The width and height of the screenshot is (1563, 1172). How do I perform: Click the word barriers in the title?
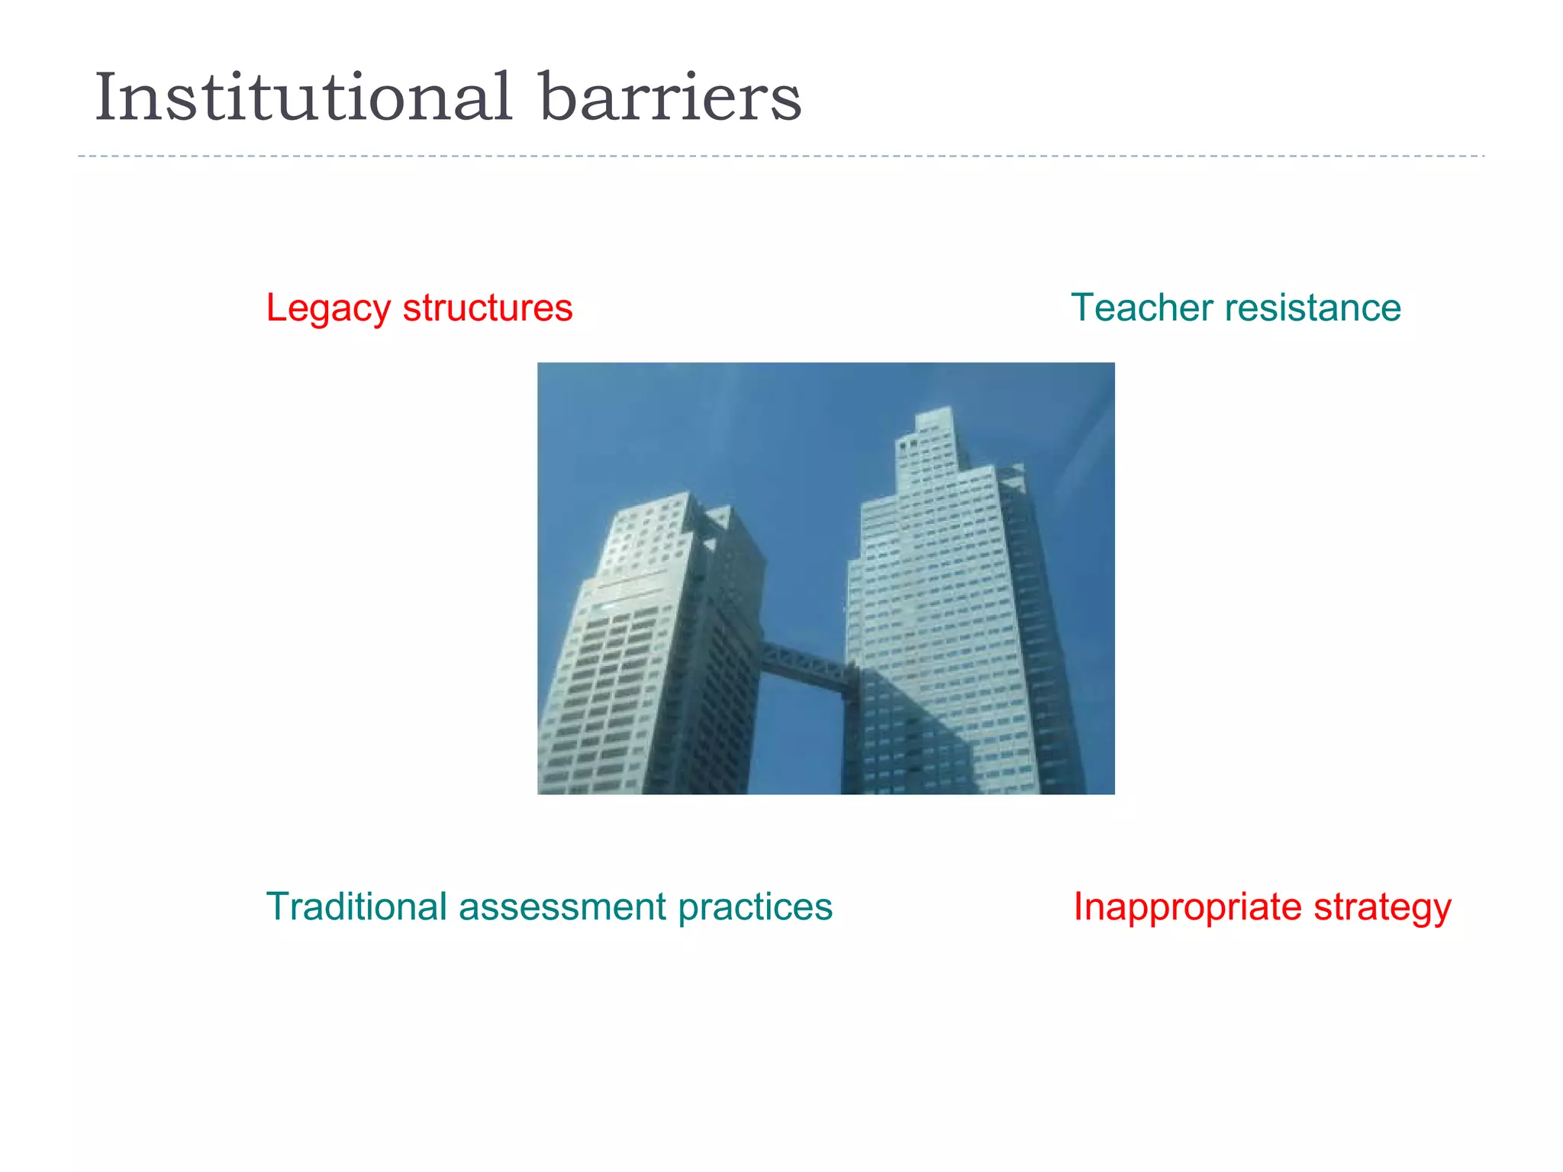pos(671,98)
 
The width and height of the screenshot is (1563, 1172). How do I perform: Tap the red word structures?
pos(488,308)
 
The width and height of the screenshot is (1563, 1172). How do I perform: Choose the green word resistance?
pos(1313,308)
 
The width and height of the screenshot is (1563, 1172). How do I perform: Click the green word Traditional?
pos(356,907)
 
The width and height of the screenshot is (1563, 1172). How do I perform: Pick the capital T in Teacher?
pos(1084,307)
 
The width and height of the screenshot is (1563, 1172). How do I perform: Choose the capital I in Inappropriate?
pos(1078,907)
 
